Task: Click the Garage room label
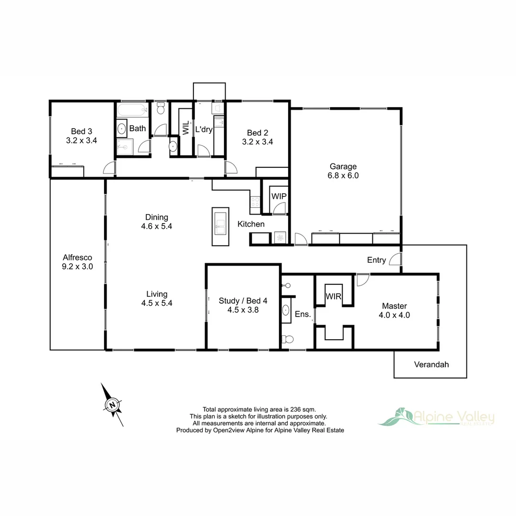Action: tap(344, 167)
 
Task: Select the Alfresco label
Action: tap(77, 257)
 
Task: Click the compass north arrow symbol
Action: tap(112, 405)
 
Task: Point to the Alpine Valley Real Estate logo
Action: tap(436, 417)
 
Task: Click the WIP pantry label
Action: tap(279, 196)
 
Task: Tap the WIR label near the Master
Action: tap(333, 296)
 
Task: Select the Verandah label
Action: tap(431, 365)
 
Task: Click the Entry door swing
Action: tap(395, 259)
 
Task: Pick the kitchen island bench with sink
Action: tap(220, 226)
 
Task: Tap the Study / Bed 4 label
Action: tap(243, 301)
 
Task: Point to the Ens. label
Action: tap(303, 314)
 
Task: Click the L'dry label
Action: tap(204, 129)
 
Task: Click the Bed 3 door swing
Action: tap(110, 168)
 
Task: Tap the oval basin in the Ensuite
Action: tap(286, 311)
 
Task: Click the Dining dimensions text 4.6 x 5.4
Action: tap(156, 226)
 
